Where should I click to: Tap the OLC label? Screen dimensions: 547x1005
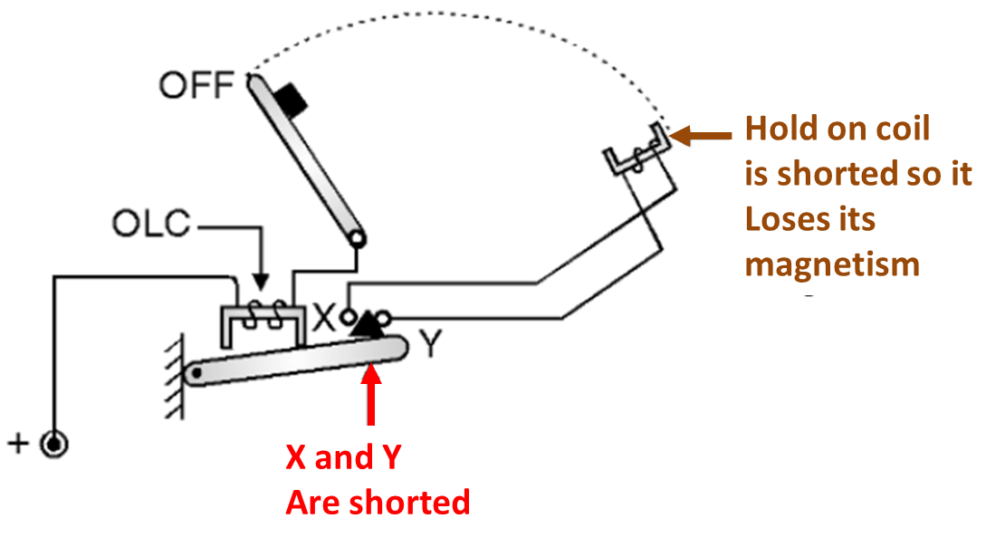point(151,223)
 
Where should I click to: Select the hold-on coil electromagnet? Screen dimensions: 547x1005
point(637,152)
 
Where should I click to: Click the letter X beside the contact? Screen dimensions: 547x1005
point(324,318)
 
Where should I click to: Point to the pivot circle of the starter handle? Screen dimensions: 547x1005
point(358,240)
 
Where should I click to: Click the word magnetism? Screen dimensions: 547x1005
point(833,264)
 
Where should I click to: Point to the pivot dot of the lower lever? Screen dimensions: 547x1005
point(192,373)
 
